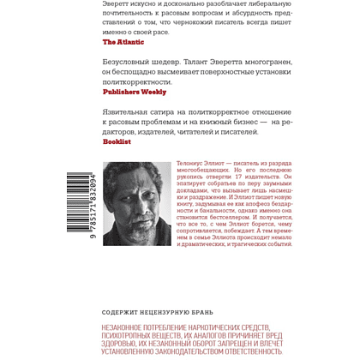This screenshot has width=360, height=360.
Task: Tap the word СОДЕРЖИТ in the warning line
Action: click(x=120, y=292)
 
